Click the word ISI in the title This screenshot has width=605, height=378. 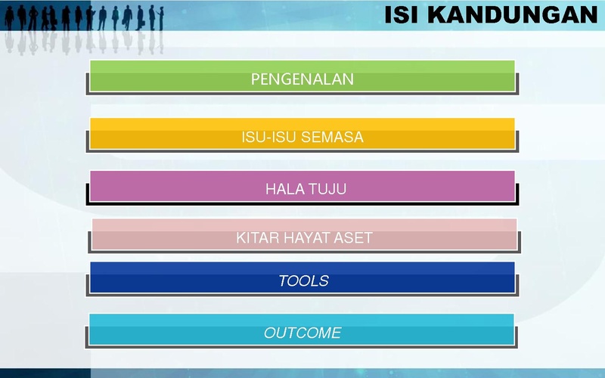(x=402, y=15)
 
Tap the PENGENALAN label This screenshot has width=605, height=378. (x=302, y=79)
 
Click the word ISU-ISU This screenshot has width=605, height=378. (x=269, y=137)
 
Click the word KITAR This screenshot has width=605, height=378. (x=257, y=237)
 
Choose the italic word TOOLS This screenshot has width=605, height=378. (x=304, y=280)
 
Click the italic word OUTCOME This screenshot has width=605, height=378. (x=302, y=333)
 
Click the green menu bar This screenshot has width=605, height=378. (x=302, y=76)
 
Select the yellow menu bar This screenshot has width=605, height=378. (x=302, y=134)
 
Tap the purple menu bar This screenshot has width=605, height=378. (x=302, y=186)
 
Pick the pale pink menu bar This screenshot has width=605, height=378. (x=305, y=234)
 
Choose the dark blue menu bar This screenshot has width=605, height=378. (x=302, y=277)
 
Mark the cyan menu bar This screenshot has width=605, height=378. (x=302, y=330)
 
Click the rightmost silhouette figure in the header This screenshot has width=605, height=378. (x=161, y=18)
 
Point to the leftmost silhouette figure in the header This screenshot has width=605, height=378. (x=9, y=17)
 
